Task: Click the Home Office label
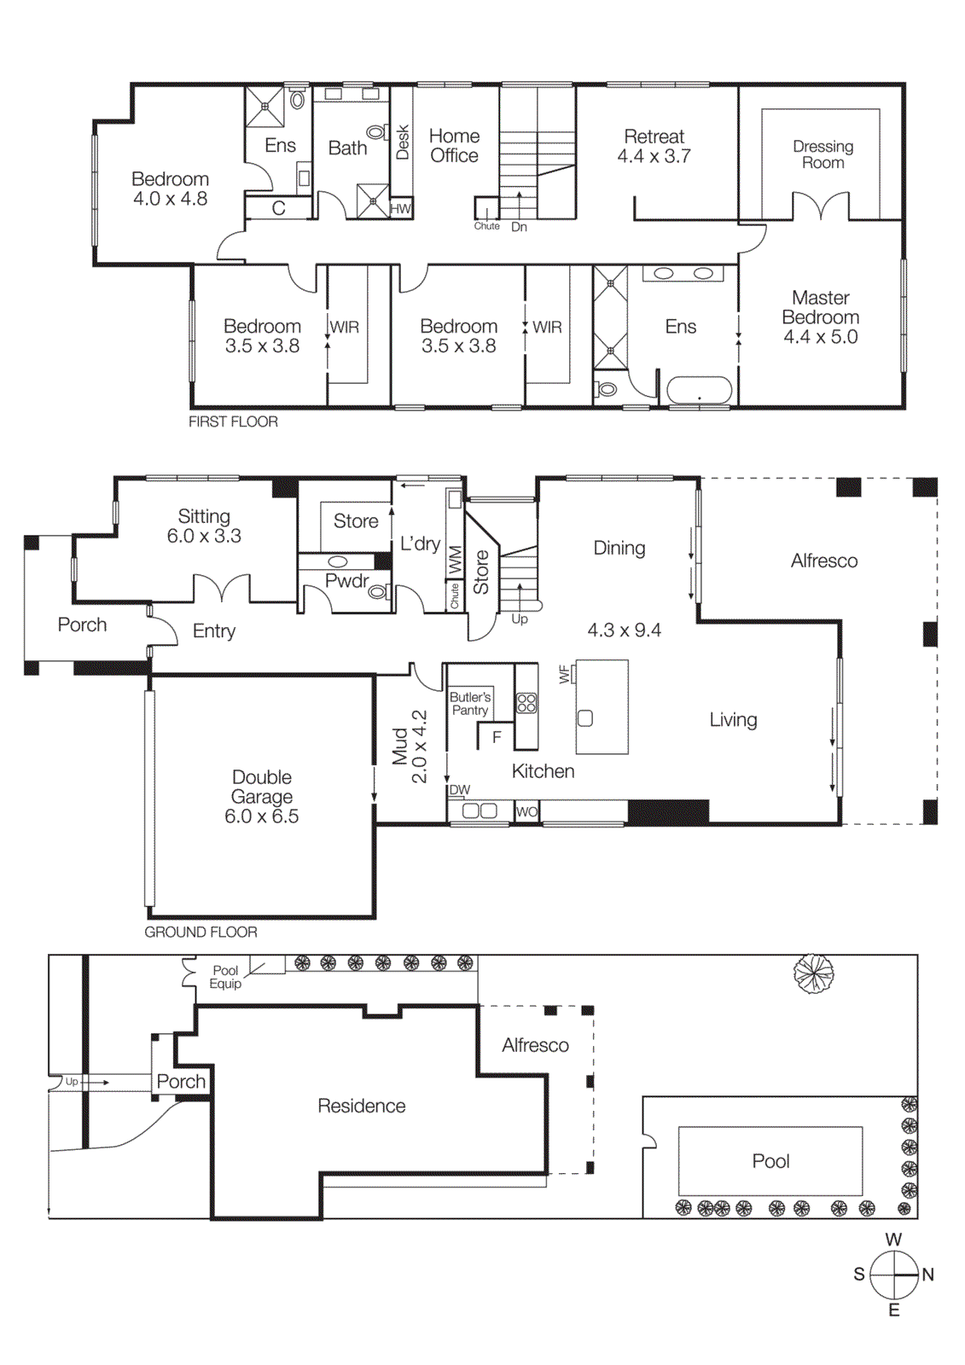(x=454, y=146)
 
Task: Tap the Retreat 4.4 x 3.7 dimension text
(x=654, y=157)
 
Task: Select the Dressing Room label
(x=823, y=154)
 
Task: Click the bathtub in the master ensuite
(x=699, y=391)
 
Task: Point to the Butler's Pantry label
(x=469, y=703)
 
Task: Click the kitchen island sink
(x=585, y=718)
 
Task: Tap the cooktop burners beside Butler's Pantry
(x=526, y=703)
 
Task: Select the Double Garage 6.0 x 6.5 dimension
(x=261, y=816)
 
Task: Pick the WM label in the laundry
(x=455, y=559)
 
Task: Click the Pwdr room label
(x=346, y=581)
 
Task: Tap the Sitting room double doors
(x=222, y=589)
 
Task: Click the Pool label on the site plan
(x=770, y=1161)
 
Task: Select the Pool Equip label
(x=225, y=977)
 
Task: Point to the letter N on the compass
(x=928, y=1275)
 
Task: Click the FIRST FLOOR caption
(x=233, y=421)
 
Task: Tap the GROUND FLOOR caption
(x=201, y=932)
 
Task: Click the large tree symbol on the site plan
(x=813, y=973)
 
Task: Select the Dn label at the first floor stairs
(x=519, y=227)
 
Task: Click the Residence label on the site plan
(x=361, y=1106)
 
